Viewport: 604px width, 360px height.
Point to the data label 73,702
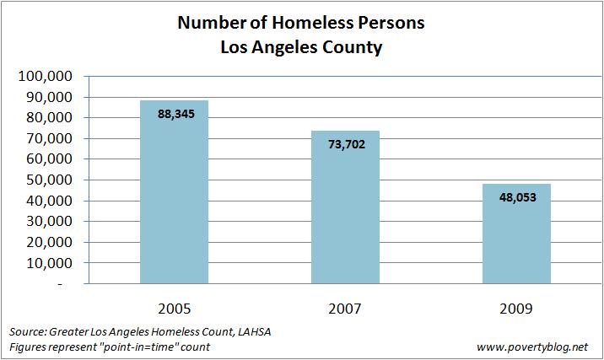[346, 144]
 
